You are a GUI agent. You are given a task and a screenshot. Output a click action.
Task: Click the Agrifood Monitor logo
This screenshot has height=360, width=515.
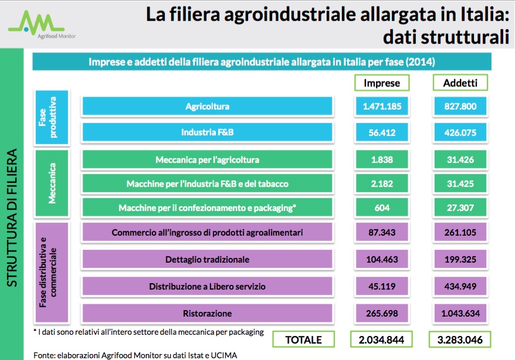tap(39, 24)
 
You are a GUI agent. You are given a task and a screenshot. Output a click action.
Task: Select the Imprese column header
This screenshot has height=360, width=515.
tap(382, 83)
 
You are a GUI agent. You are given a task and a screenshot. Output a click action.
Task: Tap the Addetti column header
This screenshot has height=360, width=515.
tap(460, 83)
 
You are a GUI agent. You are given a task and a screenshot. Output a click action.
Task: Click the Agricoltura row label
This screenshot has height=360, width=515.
tap(207, 106)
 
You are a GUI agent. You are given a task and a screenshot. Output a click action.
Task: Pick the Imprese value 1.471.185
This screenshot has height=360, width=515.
tap(382, 106)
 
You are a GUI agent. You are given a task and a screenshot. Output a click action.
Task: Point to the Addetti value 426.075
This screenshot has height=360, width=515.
tap(460, 133)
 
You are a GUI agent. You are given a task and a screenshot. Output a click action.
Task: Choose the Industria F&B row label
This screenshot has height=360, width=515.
tap(207, 133)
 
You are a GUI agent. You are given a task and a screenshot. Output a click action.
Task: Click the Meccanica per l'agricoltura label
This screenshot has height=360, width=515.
tap(207, 159)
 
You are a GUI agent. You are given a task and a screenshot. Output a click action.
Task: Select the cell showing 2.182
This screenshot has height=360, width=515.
tap(382, 184)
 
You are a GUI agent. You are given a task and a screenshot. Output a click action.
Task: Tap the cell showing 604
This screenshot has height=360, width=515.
tap(382, 208)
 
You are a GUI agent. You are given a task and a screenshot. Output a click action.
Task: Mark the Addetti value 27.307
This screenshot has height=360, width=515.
tap(460, 208)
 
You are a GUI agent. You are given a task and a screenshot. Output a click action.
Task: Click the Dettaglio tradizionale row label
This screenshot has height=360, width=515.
tap(207, 259)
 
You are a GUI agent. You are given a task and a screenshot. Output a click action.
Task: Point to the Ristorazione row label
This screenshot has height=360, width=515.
tap(207, 313)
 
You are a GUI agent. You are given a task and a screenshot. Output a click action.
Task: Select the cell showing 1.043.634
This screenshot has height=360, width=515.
tap(460, 313)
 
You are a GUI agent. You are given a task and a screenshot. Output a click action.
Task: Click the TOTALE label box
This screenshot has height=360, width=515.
tap(303, 339)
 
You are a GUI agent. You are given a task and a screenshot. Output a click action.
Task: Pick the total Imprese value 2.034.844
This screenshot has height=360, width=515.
tap(382, 339)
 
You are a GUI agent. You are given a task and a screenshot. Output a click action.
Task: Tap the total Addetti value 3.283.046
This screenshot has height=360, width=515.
tap(460, 339)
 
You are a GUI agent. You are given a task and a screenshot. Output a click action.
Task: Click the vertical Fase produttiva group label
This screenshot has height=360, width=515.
tap(52, 117)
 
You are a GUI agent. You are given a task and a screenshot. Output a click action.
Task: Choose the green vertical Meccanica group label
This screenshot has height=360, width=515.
tap(52, 184)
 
